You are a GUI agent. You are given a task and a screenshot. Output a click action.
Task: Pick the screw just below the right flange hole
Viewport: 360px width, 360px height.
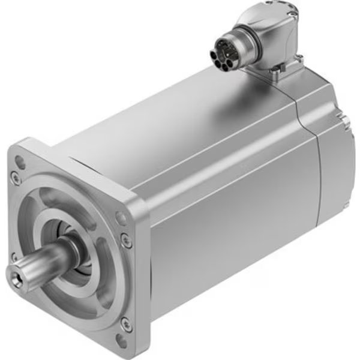point(127,241)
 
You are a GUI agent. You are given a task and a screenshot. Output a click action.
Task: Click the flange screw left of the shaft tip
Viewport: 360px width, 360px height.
point(13,257)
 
